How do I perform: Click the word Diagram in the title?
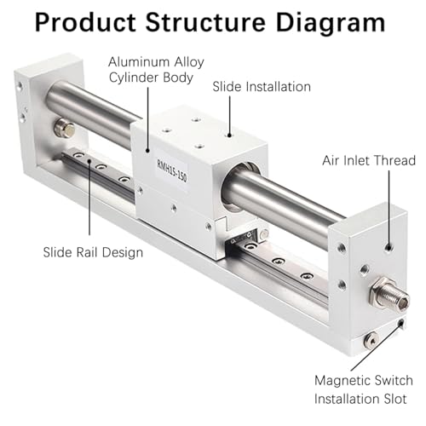coord(331,23)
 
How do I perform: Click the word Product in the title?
coord(85,22)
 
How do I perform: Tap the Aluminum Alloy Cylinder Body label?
coord(156,70)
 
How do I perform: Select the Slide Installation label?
coord(262,87)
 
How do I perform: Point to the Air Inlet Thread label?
coord(369,160)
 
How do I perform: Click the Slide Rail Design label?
coord(93,252)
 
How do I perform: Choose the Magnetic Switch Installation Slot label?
coord(364,389)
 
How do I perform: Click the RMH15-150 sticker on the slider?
coord(172,170)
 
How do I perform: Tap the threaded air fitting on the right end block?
coord(390,295)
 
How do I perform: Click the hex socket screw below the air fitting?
coord(371,339)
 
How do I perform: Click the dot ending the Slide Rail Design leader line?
coord(89,161)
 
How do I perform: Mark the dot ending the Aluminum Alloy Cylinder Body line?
coord(147,150)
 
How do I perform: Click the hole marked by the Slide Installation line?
coord(229,135)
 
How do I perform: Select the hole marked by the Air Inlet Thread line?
coord(389,248)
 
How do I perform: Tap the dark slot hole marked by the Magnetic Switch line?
coord(401,323)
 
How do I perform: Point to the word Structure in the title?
coord(205,22)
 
